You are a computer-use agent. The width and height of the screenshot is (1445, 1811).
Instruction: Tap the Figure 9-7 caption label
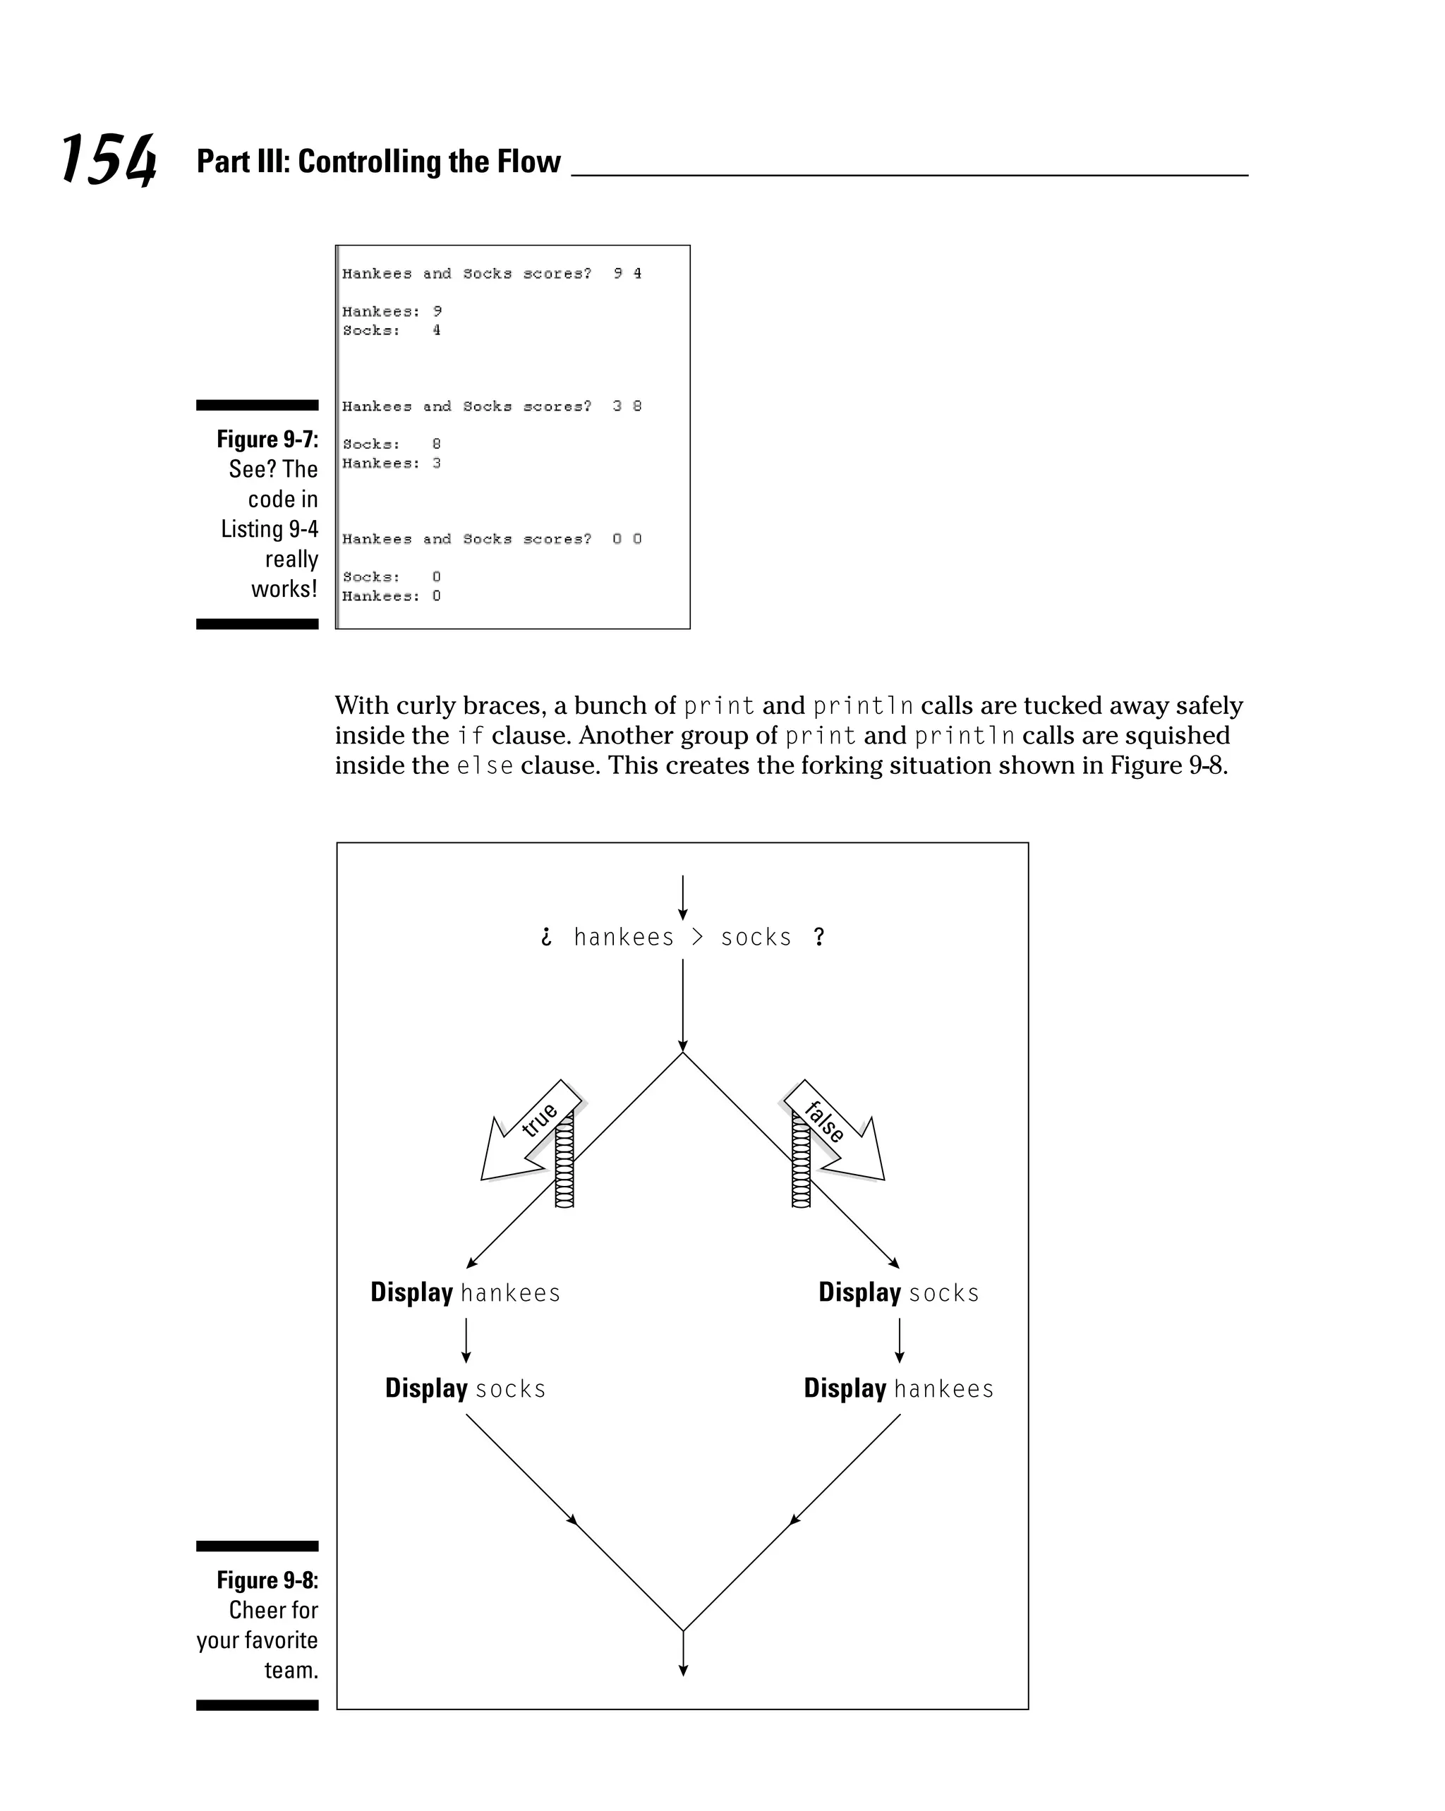tap(267, 440)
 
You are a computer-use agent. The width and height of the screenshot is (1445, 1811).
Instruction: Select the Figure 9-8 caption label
tap(267, 1580)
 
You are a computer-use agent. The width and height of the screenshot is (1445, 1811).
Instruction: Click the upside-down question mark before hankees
tap(547, 938)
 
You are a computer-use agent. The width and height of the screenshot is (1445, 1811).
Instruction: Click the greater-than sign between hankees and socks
tap(697, 938)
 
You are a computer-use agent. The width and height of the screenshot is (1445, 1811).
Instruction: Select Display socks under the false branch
tap(899, 1292)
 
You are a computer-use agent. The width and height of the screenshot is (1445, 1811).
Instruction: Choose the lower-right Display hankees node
tap(899, 1388)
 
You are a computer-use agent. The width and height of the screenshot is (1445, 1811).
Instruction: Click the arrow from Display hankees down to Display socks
tap(466, 1340)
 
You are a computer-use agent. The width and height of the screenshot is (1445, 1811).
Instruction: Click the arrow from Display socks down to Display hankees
tap(900, 1340)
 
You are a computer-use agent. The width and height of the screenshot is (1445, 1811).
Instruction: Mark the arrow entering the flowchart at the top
tap(683, 897)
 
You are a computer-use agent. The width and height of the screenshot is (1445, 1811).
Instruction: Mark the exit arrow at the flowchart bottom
tap(683, 1653)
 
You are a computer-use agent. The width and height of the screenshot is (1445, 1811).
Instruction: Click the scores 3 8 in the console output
tap(627, 406)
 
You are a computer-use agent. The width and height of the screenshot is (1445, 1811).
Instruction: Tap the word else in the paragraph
tap(485, 766)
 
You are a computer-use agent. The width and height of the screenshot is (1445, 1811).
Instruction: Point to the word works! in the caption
tap(284, 589)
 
